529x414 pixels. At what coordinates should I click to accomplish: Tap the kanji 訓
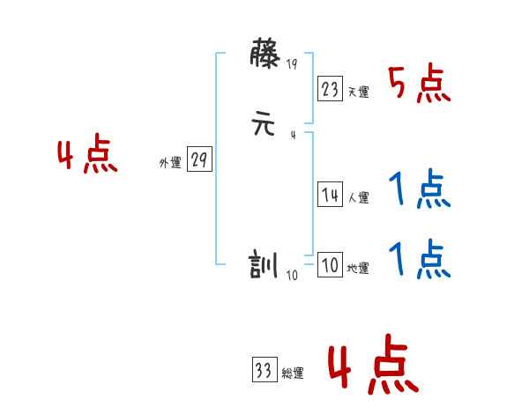coord(265,265)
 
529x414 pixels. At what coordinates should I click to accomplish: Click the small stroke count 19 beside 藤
coord(292,63)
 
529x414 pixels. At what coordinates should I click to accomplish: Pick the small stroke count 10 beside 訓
coord(292,275)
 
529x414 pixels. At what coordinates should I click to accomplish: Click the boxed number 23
coord(331,88)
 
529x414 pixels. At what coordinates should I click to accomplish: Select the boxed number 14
coord(331,196)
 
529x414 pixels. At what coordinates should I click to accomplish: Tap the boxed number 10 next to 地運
coord(331,265)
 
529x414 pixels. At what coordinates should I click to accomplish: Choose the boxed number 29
coord(199,160)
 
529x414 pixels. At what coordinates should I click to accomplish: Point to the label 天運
coord(358,92)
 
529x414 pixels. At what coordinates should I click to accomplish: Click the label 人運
coord(358,198)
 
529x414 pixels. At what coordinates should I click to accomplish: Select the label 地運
coord(358,269)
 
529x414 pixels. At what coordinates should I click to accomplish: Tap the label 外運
coord(170,163)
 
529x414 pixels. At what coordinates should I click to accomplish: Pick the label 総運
coord(293,373)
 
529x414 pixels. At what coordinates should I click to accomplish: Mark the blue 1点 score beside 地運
coord(420,260)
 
